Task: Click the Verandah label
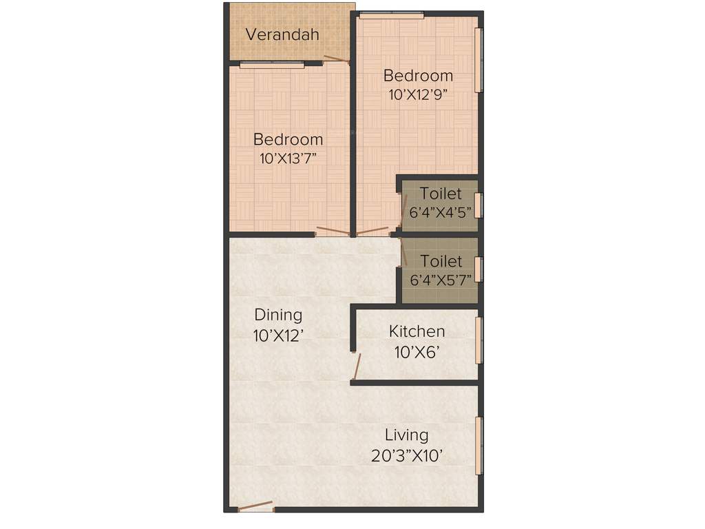[x=282, y=34]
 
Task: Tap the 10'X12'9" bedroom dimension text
[x=419, y=95]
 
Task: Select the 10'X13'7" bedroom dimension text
[x=288, y=158]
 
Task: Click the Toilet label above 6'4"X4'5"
[x=441, y=194]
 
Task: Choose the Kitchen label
[x=417, y=331]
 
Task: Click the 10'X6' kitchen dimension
[x=417, y=353]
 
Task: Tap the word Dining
[x=278, y=315]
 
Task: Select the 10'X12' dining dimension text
[x=278, y=335]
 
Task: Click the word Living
[x=406, y=435]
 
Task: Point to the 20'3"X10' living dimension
[x=406, y=456]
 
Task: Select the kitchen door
[x=355, y=366]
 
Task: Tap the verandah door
[x=337, y=59]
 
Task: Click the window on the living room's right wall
[x=479, y=445]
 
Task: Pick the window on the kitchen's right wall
[x=479, y=339]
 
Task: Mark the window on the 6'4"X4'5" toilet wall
[x=479, y=205]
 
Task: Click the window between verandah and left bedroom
[x=272, y=65]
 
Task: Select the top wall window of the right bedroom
[x=391, y=15]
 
